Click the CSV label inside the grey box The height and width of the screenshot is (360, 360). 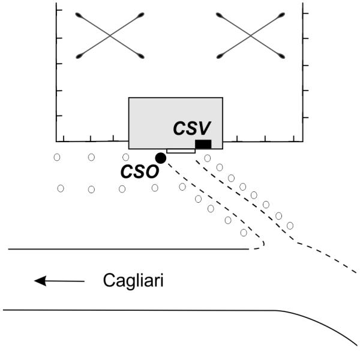pyautogui.click(x=191, y=128)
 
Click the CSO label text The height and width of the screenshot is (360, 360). pyautogui.click(x=139, y=172)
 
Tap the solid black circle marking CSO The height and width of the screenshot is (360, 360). pyautogui.click(x=160, y=158)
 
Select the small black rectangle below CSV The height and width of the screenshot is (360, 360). pyautogui.click(x=203, y=144)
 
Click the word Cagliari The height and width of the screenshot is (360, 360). pyautogui.click(x=133, y=280)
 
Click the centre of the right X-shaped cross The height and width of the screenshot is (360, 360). pyautogui.click(x=250, y=35)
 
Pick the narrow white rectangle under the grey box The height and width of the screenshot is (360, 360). pyautogui.click(x=181, y=151)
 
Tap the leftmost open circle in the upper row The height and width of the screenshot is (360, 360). pyautogui.click(x=56, y=157)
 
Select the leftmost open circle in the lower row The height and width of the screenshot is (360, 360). pyautogui.click(x=61, y=188)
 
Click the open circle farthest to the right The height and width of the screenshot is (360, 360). pyautogui.click(x=290, y=226)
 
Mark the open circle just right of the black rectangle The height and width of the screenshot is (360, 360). pyautogui.click(x=208, y=158)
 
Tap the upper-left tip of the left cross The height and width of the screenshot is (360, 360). pyautogui.click(x=79, y=14)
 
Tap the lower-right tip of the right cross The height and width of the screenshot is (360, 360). pyautogui.click(x=282, y=57)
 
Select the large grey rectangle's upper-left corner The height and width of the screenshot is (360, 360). pyautogui.click(x=129, y=98)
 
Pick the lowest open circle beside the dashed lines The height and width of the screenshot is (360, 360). pyautogui.click(x=243, y=232)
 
